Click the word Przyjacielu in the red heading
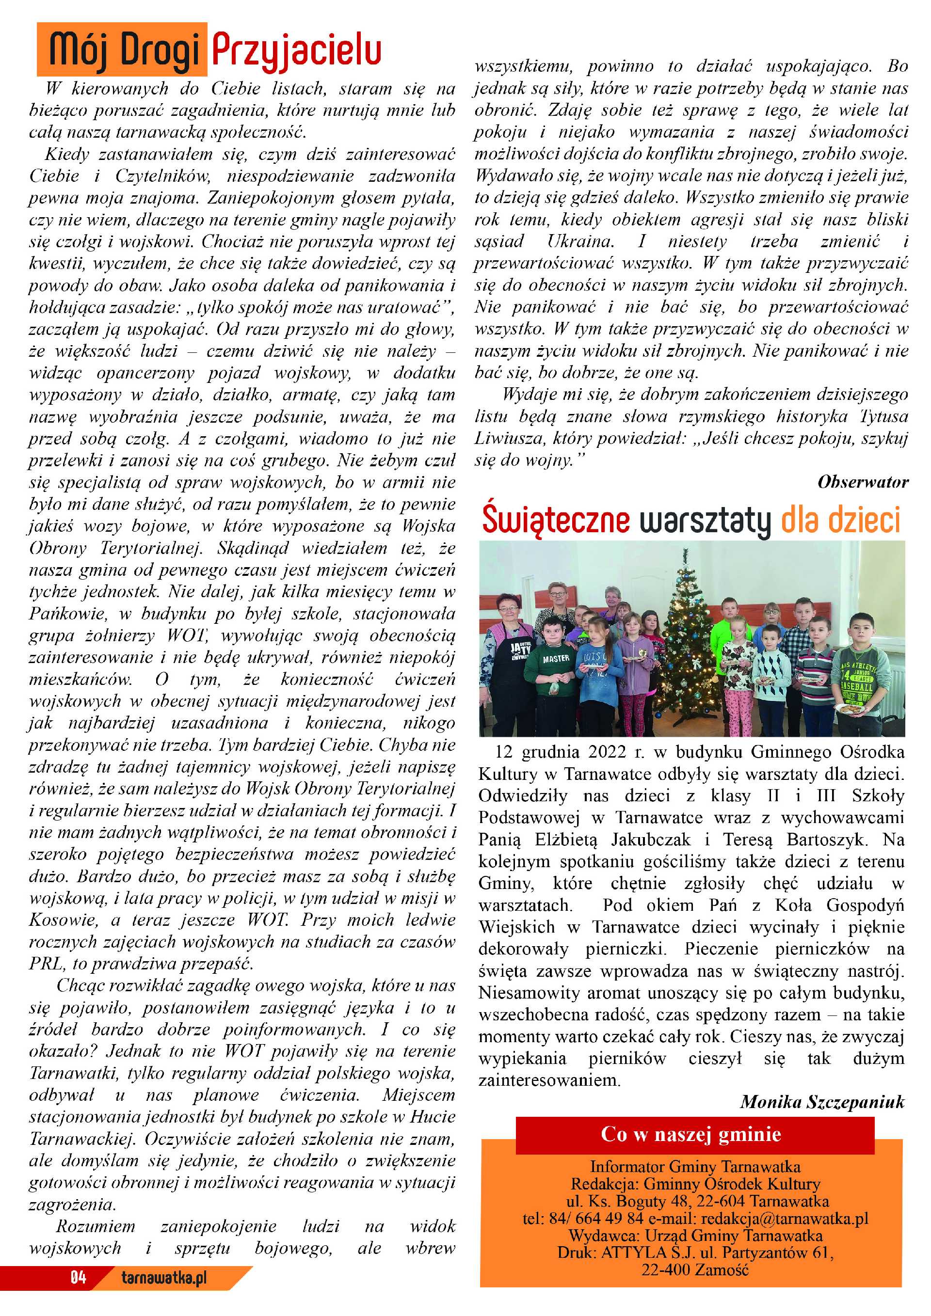click(296, 50)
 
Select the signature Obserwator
click(862, 482)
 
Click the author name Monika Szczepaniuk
click(822, 1101)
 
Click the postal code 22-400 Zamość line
click(695, 1269)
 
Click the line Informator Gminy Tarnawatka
click(695, 1166)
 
